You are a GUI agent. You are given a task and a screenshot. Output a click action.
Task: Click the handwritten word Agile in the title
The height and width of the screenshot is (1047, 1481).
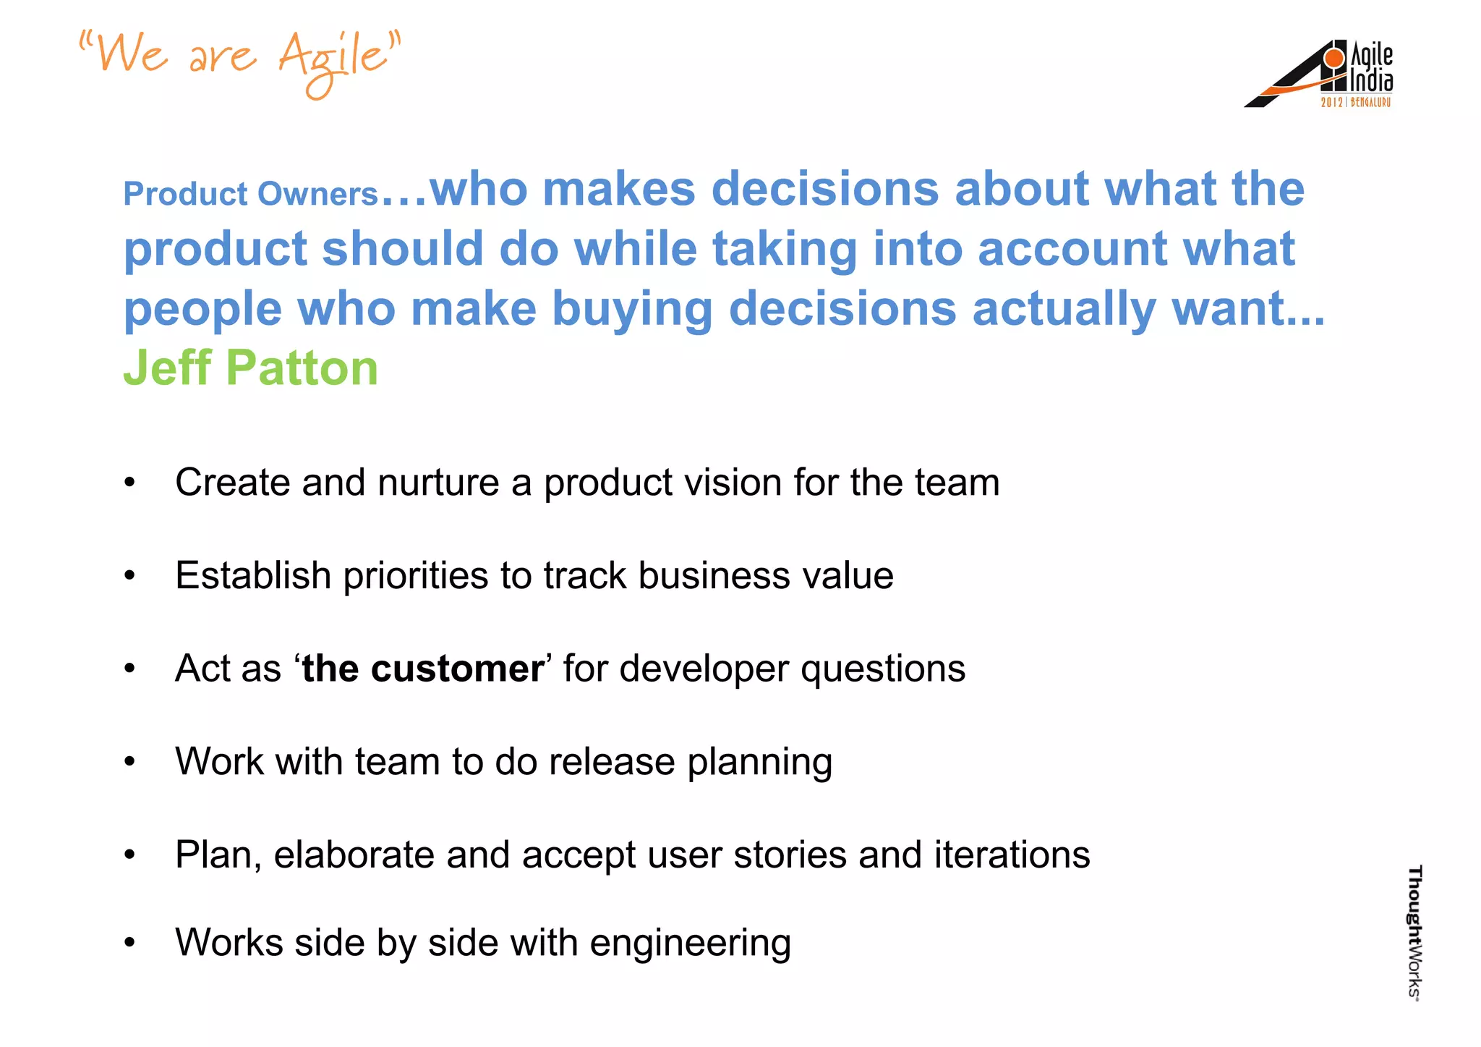click(x=334, y=59)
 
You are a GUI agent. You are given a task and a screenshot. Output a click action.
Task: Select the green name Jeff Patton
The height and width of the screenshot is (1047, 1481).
click(x=250, y=368)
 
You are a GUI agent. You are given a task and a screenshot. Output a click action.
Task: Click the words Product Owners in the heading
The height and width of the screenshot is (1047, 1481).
click(x=250, y=194)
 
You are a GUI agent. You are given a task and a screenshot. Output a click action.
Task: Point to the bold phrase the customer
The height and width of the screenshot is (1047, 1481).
click(x=423, y=669)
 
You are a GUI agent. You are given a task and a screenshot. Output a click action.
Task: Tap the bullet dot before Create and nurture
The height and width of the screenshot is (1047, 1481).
click(x=129, y=483)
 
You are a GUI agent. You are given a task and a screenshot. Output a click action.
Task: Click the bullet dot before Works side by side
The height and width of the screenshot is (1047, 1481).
click(x=129, y=943)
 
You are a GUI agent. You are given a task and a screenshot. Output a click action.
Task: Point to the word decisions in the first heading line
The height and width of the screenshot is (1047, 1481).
click(x=824, y=190)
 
